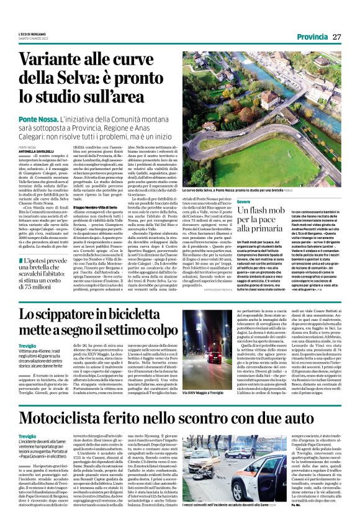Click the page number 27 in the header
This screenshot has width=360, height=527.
[337, 37]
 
